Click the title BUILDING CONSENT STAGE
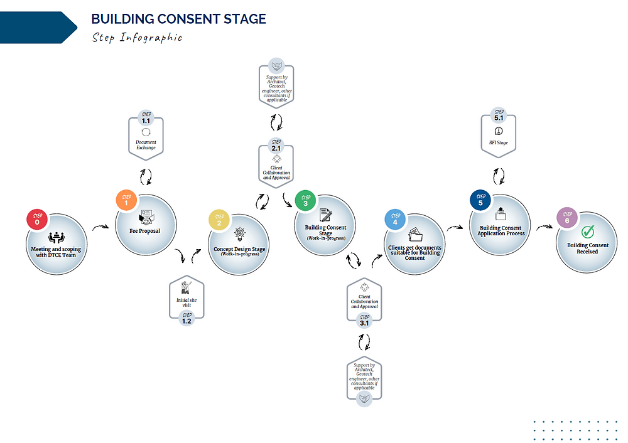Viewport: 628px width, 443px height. (178, 19)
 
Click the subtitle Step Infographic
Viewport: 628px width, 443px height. (137, 37)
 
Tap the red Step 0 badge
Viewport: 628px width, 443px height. (37, 219)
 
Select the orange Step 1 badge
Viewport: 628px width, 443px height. (126, 200)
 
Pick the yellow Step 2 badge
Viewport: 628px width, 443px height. (219, 220)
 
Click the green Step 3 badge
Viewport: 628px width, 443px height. (306, 201)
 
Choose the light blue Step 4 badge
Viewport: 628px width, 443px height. (395, 220)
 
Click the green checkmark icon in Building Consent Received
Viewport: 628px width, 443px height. (588, 232)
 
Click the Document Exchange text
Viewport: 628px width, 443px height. (146, 145)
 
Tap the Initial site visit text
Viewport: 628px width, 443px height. (187, 303)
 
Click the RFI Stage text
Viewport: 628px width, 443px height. (499, 143)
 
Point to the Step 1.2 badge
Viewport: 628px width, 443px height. (187, 319)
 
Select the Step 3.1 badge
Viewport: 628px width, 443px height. (364, 320)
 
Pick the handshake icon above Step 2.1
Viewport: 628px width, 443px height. (276, 66)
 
